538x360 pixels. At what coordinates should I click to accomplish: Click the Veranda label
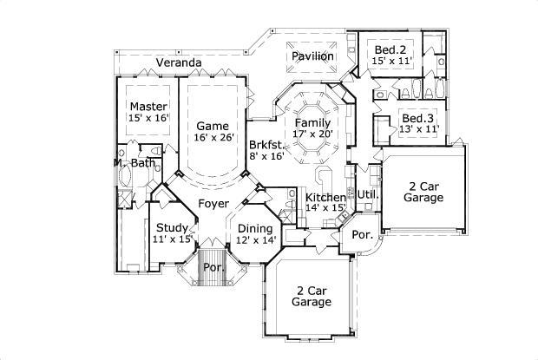tap(179, 62)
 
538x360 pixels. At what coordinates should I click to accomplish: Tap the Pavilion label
tap(312, 56)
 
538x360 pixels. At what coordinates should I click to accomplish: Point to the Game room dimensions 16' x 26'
tap(212, 137)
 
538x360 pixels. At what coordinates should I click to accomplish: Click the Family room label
tap(312, 123)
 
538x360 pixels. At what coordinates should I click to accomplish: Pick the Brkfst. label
tap(266, 145)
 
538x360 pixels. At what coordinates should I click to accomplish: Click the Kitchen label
tap(325, 197)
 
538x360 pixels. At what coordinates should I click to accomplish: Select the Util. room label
tap(369, 194)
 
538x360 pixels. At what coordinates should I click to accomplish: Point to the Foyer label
tap(213, 204)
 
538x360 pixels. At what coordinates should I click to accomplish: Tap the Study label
tap(172, 228)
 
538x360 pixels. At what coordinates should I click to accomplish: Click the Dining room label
tap(256, 228)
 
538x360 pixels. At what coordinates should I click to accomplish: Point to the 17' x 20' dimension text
tap(312, 134)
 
